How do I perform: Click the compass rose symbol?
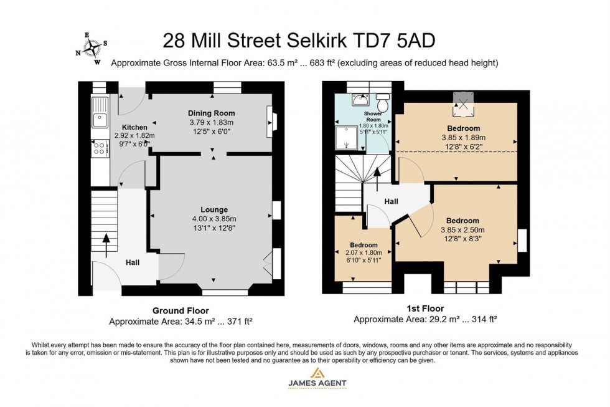coord(93,47)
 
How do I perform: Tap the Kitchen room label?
coord(134,127)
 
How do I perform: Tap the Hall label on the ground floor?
coord(133,262)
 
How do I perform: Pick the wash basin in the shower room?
coord(357,100)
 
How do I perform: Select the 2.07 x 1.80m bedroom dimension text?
coord(363,252)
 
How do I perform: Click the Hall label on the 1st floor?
coord(391,201)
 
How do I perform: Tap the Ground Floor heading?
coord(181,310)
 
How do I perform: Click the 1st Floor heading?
coord(425,309)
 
